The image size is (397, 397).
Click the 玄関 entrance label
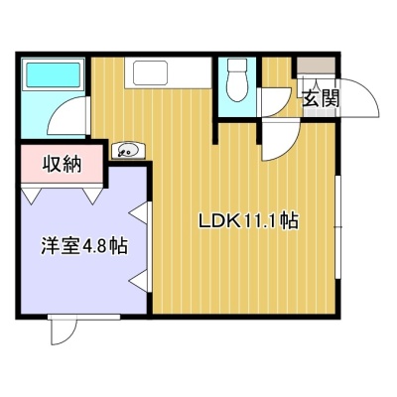point(321,98)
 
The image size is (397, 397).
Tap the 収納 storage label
point(62,164)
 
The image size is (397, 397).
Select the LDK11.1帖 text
point(248,221)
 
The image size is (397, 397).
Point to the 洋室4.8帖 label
point(84,246)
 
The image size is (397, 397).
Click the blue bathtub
point(53,75)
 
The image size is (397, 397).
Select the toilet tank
point(237,66)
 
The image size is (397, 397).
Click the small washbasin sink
point(128,151)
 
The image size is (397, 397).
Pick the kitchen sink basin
point(150,72)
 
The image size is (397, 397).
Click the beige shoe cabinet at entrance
point(316,66)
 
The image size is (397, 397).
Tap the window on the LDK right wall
point(338,227)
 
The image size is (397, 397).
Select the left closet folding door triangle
point(31,196)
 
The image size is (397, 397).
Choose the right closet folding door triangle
point(93,196)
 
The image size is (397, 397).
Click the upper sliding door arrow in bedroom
point(138,213)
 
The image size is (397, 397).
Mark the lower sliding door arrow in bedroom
point(138,281)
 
